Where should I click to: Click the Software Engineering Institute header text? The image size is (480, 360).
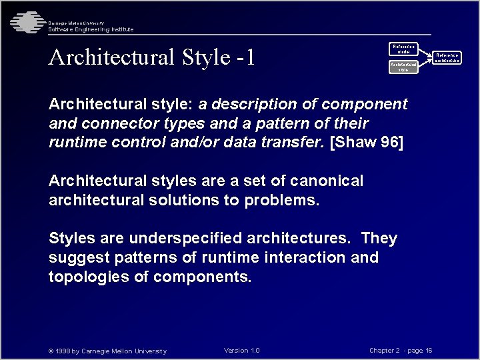[91, 29]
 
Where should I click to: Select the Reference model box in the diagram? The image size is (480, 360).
[403, 49]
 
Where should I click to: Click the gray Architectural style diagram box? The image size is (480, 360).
[403, 67]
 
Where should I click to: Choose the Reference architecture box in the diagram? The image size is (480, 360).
[447, 58]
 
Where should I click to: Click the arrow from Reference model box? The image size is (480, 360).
[425, 52]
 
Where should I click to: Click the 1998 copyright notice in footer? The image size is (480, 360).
[107, 351]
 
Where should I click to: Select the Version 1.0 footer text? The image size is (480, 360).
[242, 351]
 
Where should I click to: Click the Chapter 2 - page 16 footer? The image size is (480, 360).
[401, 351]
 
